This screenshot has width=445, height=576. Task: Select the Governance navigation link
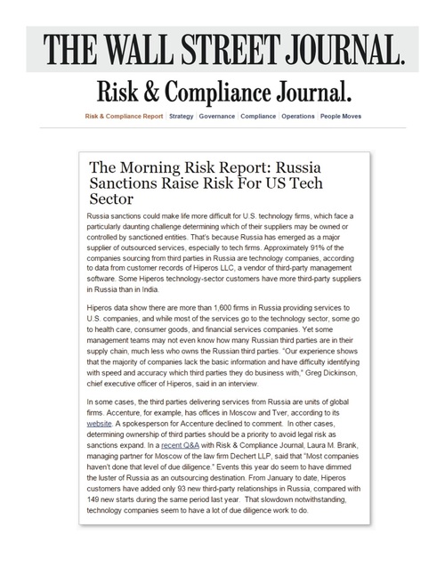217,117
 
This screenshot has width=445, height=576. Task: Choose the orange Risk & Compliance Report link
122,117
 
